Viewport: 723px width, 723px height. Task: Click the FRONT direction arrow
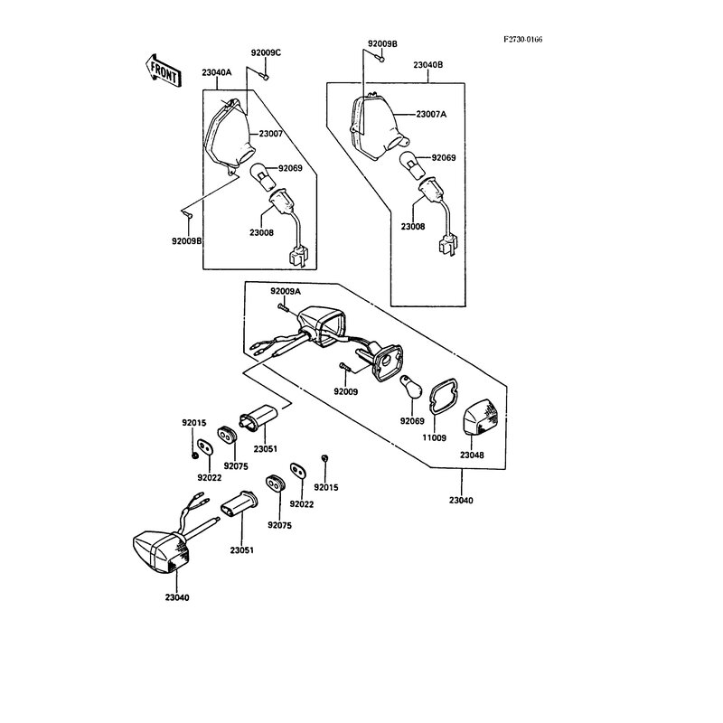point(163,71)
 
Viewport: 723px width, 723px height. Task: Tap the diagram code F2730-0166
point(523,40)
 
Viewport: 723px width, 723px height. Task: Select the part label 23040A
point(217,72)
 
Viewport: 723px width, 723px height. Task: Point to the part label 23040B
point(427,65)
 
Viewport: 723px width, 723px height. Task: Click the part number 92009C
point(266,53)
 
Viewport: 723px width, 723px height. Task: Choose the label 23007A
point(431,115)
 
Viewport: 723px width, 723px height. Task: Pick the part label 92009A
point(286,291)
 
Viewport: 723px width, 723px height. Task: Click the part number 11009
point(435,438)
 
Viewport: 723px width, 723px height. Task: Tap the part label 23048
point(472,455)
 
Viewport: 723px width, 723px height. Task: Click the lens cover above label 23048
point(481,419)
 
